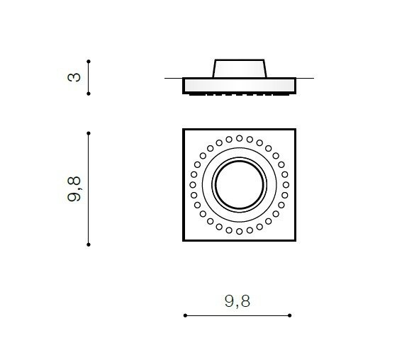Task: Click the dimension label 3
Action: pos(74,77)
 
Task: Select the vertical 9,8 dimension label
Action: pos(74,189)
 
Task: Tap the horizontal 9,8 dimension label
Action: pos(237,301)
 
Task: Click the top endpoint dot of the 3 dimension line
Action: pos(89,62)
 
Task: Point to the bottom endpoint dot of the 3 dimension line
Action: pos(89,94)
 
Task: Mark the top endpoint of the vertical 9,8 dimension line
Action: pos(89,133)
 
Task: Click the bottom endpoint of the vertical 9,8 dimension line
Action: pos(89,244)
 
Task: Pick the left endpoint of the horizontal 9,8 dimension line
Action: pos(185,315)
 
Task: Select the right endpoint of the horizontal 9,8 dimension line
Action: pos(290,315)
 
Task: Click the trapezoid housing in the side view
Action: pos(240,69)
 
